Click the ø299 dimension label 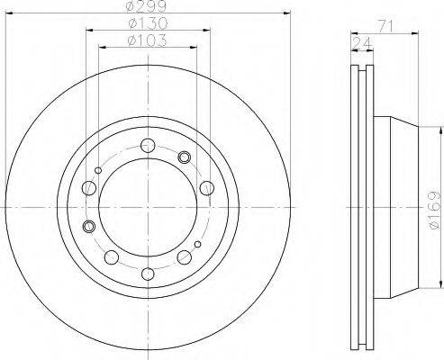147,6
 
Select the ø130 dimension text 148,23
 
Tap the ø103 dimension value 147,40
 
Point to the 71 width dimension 385,27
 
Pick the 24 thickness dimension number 362,44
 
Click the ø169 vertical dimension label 434,210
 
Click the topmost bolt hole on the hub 148,146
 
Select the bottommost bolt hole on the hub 148,274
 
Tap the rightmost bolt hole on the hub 207,188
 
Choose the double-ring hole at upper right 184,157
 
